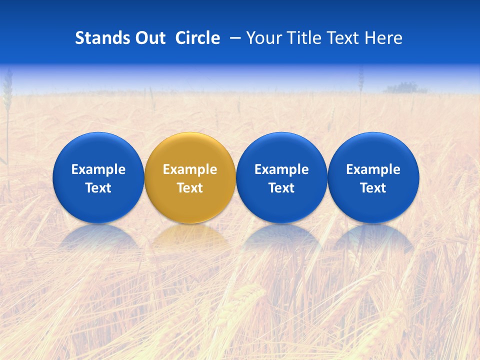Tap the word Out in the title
coord(150,38)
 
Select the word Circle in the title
coord(197,38)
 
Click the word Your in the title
coord(263,38)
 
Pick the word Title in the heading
coord(302,38)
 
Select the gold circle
coord(190,177)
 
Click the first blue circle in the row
coord(98,177)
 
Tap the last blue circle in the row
coord(373,177)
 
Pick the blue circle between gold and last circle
coord(281,177)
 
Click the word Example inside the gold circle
coord(190,169)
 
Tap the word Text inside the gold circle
coord(190,188)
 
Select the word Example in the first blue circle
coord(98,169)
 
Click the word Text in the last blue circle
coord(373,188)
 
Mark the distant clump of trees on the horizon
coord(404,88)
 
